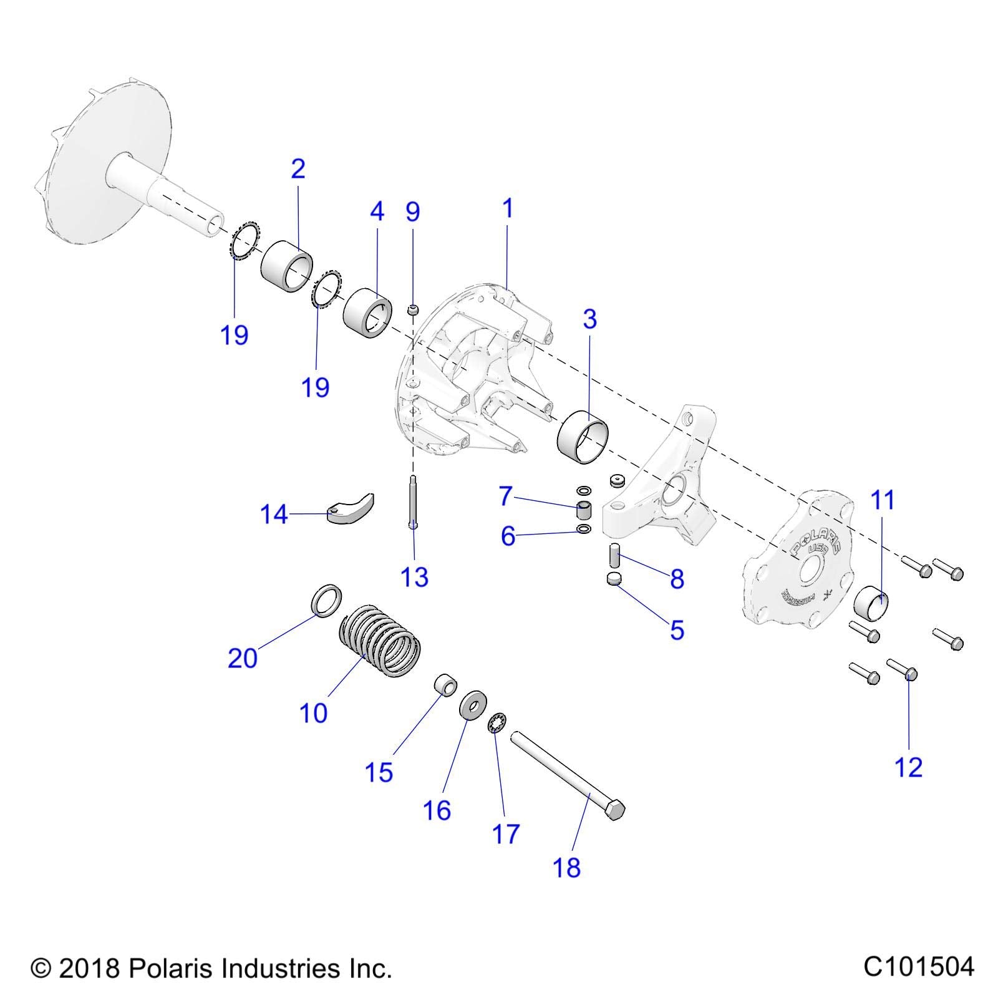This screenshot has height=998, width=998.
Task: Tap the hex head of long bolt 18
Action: click(x=614, y=810)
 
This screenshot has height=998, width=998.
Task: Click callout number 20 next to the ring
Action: click(x=243, y=657)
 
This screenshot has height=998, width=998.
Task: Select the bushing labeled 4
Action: click(x=368, y=313)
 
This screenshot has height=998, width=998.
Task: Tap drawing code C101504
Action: click(x=918, y=967)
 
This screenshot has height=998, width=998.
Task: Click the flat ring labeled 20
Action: click(x=326, y=600)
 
